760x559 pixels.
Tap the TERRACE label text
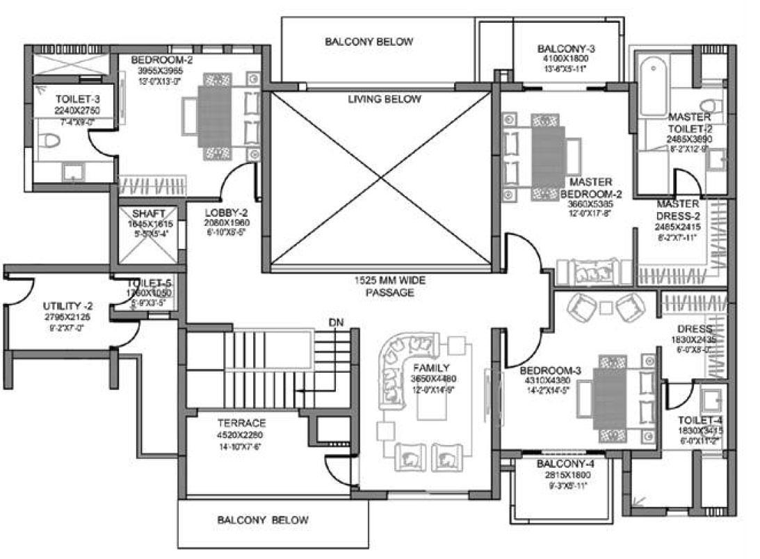(x=221, y=423)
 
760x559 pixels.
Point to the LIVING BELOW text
(x=384, y=99)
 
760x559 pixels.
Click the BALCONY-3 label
(x=566, y=49)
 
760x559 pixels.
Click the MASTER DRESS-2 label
(x=677, y=209)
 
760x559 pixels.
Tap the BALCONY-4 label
(x=563, y=463)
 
